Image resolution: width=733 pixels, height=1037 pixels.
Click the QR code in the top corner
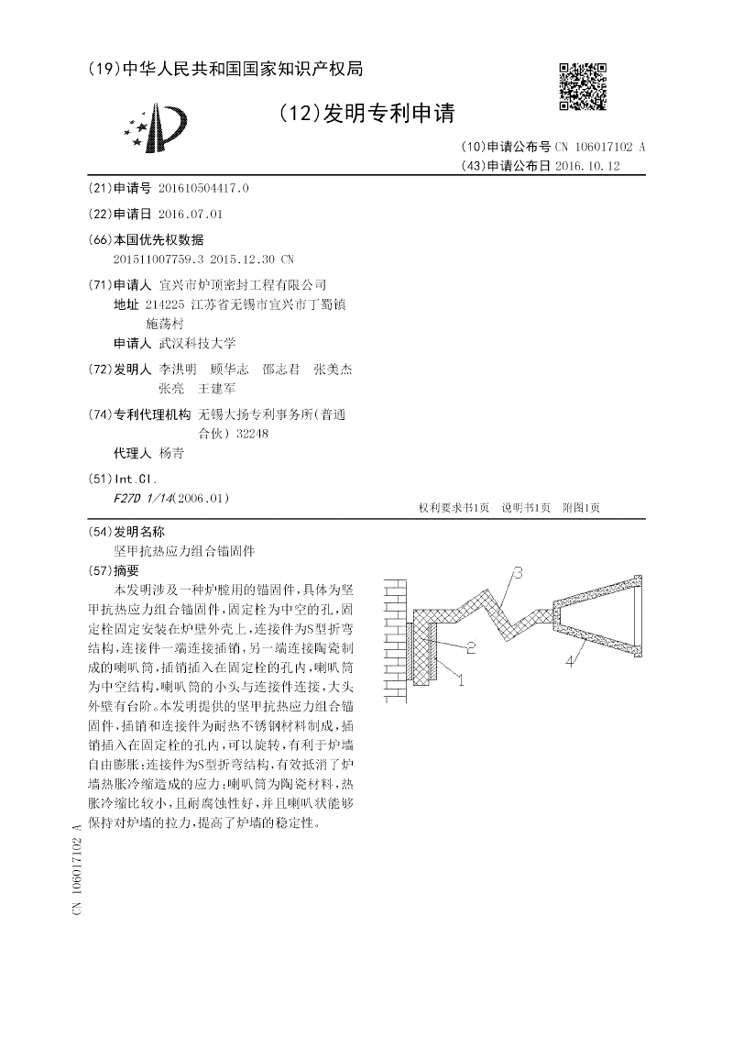point(582,87)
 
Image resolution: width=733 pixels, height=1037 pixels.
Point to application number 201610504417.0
point(203,188)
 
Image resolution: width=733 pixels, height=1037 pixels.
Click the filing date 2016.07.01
point(191,214)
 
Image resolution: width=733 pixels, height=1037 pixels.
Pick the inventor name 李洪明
point(178,370)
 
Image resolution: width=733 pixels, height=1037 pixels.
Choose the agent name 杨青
point(171,453)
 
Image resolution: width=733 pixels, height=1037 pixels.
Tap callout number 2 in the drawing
point(470,648)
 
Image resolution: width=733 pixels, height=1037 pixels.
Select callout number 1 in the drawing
point(460,679)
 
